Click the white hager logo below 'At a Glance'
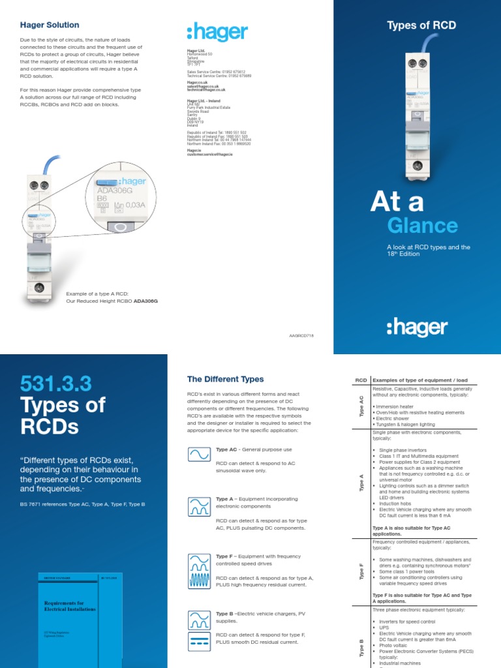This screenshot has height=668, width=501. (x=417, y=327)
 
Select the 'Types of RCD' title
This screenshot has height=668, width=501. (x=421, y=25)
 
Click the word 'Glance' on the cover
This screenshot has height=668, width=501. (x=422, y=226)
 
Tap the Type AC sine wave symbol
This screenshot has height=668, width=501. (x=198, y=455)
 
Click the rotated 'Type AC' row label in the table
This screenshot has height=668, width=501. (x=361, y=406)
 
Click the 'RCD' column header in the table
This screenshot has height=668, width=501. (x=361, y=380)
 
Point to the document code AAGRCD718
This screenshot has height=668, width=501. (x=301, y=334)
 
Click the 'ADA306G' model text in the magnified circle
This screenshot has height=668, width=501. (x=115, y=191)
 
